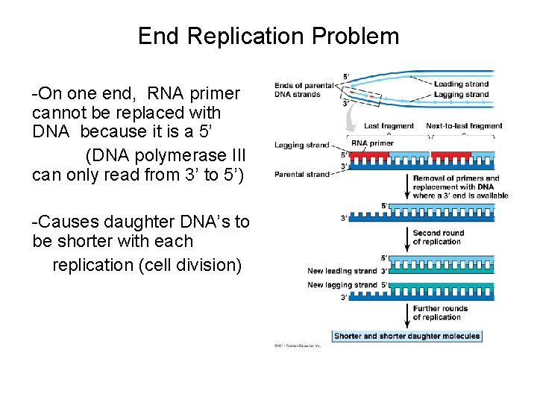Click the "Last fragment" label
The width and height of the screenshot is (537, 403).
pyautogui.click(x=389, y=126)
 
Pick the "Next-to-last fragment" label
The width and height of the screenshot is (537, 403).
pyautogui.click(x=464, y=126)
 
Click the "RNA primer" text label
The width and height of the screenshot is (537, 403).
pyautogui.click(x=372, y=143)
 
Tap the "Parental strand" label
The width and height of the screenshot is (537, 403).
pyautogui.click(x=301, y=175)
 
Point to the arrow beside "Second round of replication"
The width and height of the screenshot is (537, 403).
pyautogui.click(x=406, y=237)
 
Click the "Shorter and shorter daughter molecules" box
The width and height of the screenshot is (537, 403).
pyautogui.click(x=407, y=336)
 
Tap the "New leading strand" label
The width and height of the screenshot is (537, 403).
pyautogui.click(x=342, y=270)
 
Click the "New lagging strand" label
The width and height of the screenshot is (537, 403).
pyautogui.click(x=342, y=284)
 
